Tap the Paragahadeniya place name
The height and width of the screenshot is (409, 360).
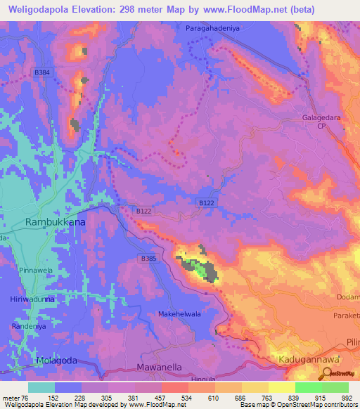214,28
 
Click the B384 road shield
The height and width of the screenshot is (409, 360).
42,72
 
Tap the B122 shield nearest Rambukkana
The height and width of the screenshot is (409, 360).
143,210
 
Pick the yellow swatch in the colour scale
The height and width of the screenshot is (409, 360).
282,387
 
